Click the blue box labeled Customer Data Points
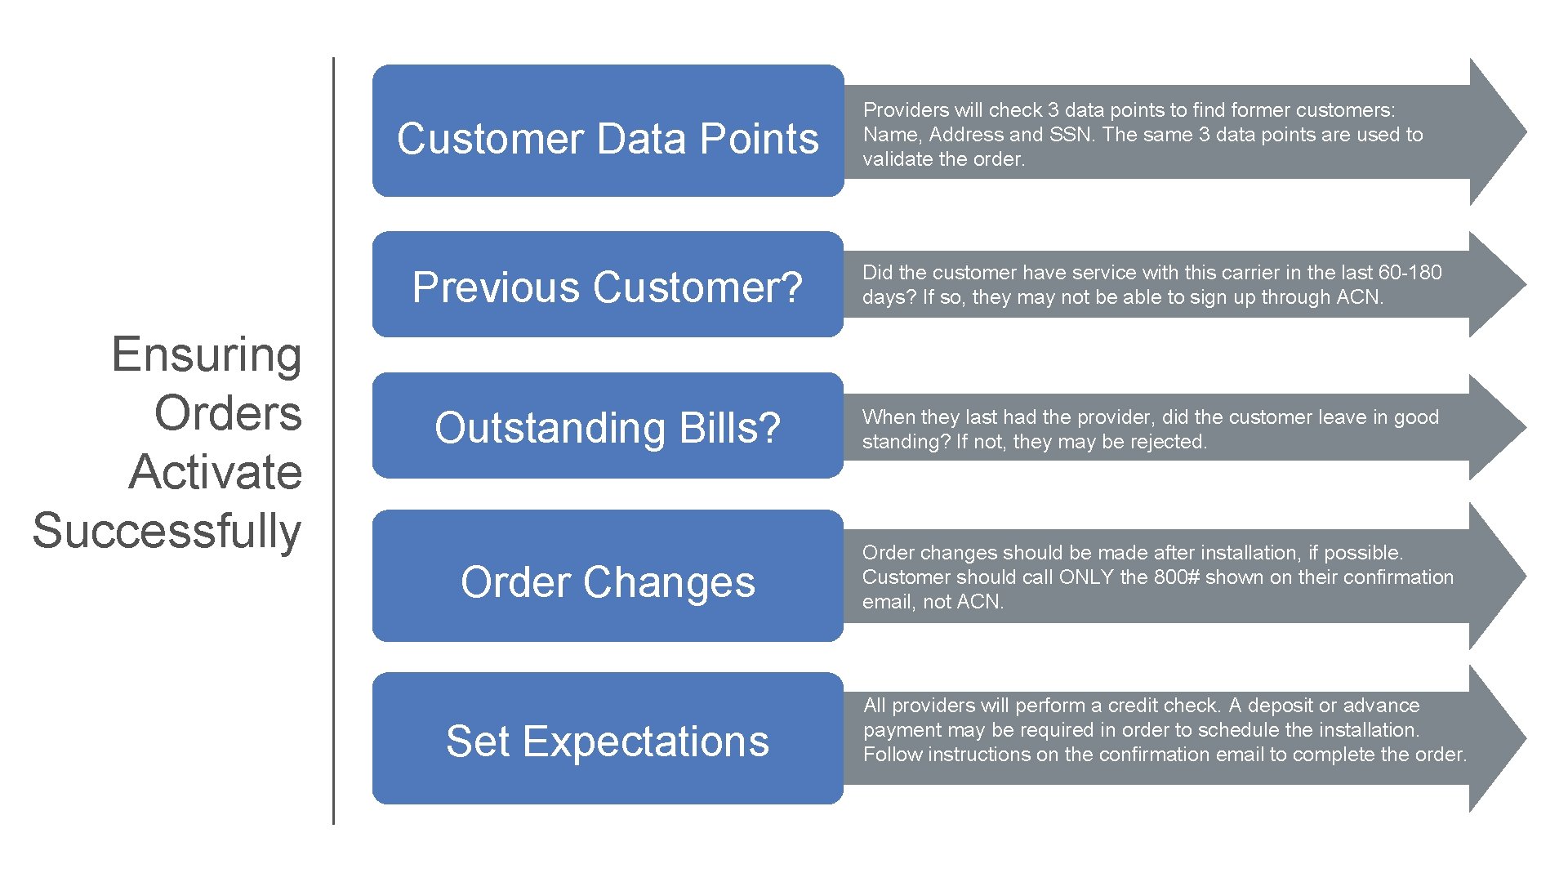click(x=608, y=131)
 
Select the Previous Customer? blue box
click(x=608, y=285)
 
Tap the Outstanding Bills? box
click(x=608, y=426)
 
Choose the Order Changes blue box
click(x=608, y=577)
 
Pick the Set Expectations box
click(x=608, y=739)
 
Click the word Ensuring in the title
click(x=207, y=356)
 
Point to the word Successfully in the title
click(x=167, y=531)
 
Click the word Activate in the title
click(x=216, y=472)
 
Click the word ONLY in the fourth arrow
click(x=1086, y=577)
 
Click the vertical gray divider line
click(x=333, y=441)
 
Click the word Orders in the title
click(x=228, y=413)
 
